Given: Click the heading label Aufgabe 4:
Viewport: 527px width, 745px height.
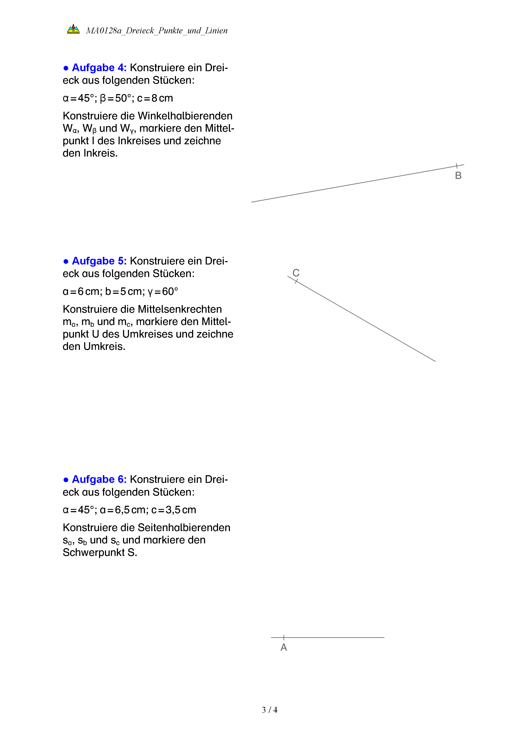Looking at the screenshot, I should coord(99,68).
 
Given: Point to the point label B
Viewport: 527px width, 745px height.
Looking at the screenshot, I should coord(458,175).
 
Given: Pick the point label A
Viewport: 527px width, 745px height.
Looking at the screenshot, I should coord(284,647).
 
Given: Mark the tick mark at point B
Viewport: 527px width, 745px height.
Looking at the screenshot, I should coord(457,166).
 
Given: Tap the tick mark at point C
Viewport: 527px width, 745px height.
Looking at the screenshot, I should coord(296,281).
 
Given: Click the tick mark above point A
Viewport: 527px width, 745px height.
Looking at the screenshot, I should coord(284,637).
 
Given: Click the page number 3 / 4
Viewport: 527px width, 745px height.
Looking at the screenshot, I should coord(269,710).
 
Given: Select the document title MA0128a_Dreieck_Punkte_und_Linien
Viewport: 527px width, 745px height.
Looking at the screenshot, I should coord(157,31).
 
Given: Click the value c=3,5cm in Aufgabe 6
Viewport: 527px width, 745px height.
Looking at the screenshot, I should coord(174,510).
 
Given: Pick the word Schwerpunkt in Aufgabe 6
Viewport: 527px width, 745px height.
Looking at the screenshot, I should coord(93,553).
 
